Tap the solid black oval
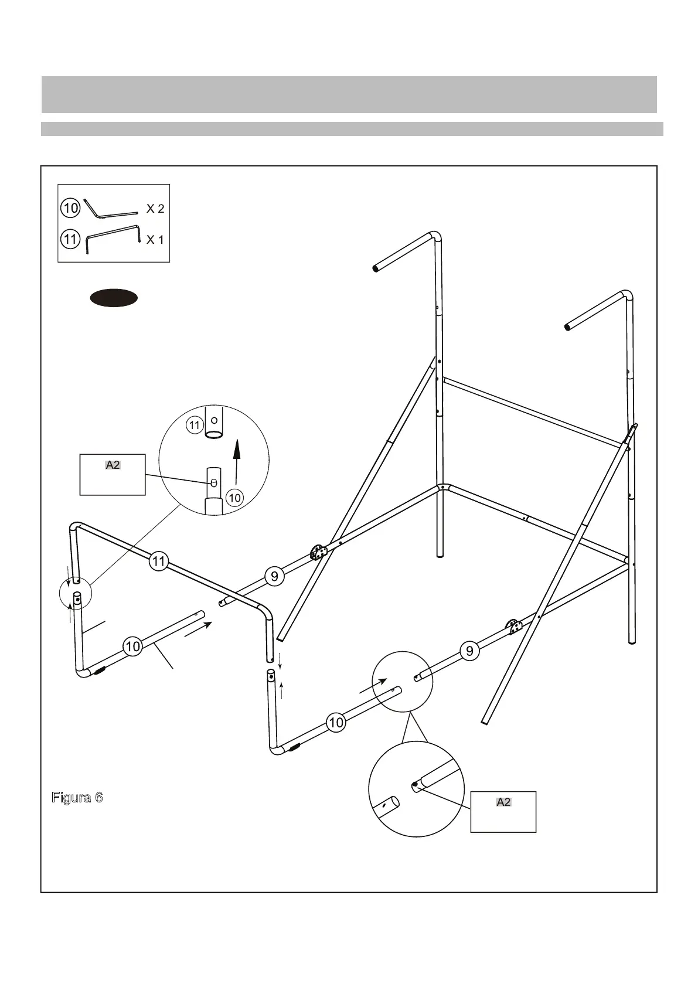pyautogui.click(x=114, y=298)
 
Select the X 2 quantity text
pyautogui.click(x=155, y=209)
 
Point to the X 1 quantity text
pyautogui.click(x=155, y=239)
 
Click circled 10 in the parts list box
pyautogui.click(x=70, y=207)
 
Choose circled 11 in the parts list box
pyautogui.click(x=70, y=239)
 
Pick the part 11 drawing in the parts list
pyautogui.click(x=113, y=239)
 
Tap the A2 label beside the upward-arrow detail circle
pyautogui.click(x=113, y=465)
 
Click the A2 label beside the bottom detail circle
pyautogui.click(x=503, y=802)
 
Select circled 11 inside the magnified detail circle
pyautogui.click(x=195, y=425)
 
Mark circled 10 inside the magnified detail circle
pyautogui.click(x=234, y=498)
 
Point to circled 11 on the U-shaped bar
pyautogui.click(x=159, y=561)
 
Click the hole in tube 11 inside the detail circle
pyautogui.click(x=214, y=420)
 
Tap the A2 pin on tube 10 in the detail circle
pyautogui.click(x=213, y=482)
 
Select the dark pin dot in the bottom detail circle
pyautogui.click(x=415, y=784)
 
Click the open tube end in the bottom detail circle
pyautogui.click(x=395, y=801)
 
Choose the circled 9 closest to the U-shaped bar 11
pyautogui.click(x=274, y=576)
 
